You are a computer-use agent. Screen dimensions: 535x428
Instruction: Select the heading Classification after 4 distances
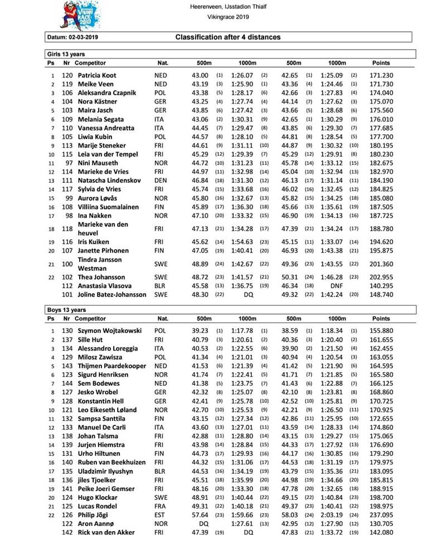(x=228, y=37)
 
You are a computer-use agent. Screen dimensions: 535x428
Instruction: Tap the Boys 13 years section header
(x=66, y=310)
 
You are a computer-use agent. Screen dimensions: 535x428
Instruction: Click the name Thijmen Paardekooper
(x=111, y=366)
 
